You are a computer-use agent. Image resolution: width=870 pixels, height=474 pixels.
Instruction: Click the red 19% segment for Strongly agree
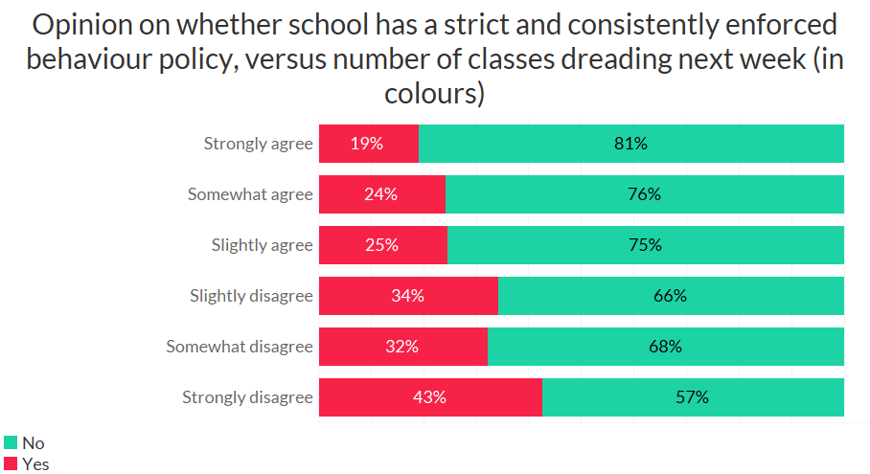click(369, 144)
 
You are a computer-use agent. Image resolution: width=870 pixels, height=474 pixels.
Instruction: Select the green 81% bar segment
click(631, 144)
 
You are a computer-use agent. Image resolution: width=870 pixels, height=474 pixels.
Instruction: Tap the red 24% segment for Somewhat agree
click(382, 194)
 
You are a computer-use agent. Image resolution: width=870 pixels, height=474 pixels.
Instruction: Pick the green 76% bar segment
click(645, 194)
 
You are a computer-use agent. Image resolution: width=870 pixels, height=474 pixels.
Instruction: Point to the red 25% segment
click(383, 245)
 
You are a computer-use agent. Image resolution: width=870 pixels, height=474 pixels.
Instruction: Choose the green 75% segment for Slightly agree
click(646, 245)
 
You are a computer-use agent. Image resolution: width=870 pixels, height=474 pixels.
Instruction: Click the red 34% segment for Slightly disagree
click(408, 296)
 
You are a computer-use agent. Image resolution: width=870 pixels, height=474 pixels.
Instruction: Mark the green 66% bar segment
click(671, 296)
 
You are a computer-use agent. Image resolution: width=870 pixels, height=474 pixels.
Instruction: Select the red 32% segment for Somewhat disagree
click(403, 347)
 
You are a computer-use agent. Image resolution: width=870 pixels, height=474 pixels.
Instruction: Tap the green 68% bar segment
click(666, 347)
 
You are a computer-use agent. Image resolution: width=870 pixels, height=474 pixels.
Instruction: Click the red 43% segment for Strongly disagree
click(430, 397)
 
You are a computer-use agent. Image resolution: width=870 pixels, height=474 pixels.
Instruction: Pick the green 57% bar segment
click(693, 397)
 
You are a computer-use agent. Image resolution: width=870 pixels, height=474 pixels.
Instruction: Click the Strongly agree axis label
click(258, 144)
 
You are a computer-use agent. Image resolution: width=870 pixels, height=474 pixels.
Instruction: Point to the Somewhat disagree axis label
click(240, 347)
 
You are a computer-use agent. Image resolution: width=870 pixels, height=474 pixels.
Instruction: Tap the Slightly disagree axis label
click(251, 296)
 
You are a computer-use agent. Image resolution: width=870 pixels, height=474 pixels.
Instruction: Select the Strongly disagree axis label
click(247, 397)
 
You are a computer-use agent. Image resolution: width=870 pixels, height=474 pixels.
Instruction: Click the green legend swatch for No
click(11, 442)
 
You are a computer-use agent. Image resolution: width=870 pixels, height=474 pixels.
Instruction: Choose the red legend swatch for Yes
click(11, 464)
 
